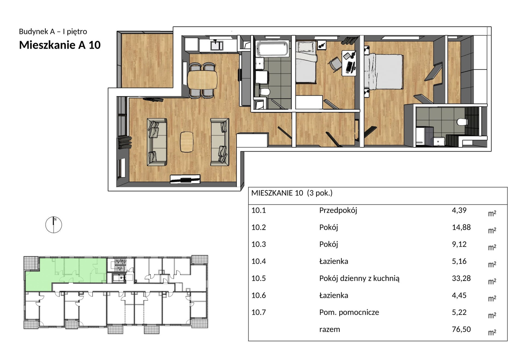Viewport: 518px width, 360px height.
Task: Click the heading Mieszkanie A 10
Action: point(60,45)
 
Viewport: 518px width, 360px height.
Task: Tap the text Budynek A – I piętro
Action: point(53,31)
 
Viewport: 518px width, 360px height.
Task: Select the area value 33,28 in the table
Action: point(461,278)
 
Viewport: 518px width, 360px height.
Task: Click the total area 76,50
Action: point(461,329)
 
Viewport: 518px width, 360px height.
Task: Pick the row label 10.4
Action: point(259,261)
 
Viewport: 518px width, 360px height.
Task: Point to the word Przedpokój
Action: point(338,210)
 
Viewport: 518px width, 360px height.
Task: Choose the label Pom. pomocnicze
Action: point(349,312)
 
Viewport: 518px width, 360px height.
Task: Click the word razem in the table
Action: point(329,329)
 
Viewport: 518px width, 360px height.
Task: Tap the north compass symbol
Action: point(54,225)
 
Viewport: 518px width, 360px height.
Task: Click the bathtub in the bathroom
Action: point(272,49)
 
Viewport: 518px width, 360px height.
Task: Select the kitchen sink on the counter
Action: point(217,45)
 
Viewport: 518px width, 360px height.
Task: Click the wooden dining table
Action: point(202,80)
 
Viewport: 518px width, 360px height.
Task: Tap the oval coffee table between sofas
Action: point(187,142)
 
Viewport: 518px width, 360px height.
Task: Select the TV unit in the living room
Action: point(185,179)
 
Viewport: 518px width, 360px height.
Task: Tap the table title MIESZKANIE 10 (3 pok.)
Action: point(292,193)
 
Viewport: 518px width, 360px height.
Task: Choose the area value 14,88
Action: point(461,227)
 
